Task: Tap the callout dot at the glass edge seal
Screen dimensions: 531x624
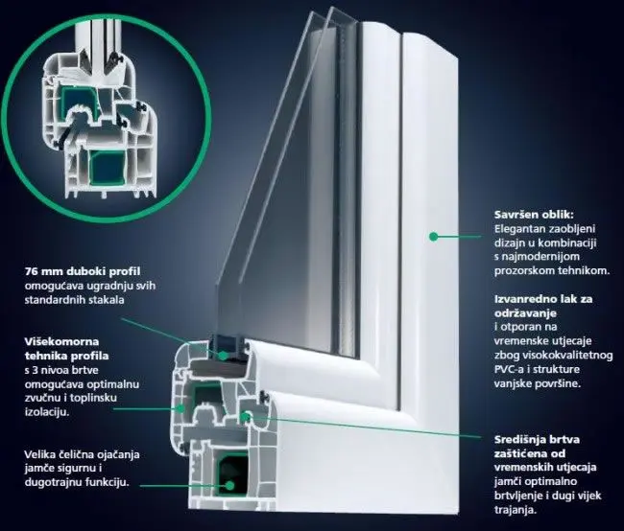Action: pyautogui.click(x=223, y=354)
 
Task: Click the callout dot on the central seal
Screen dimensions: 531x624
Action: pyautogui.click(x=248, y=416)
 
